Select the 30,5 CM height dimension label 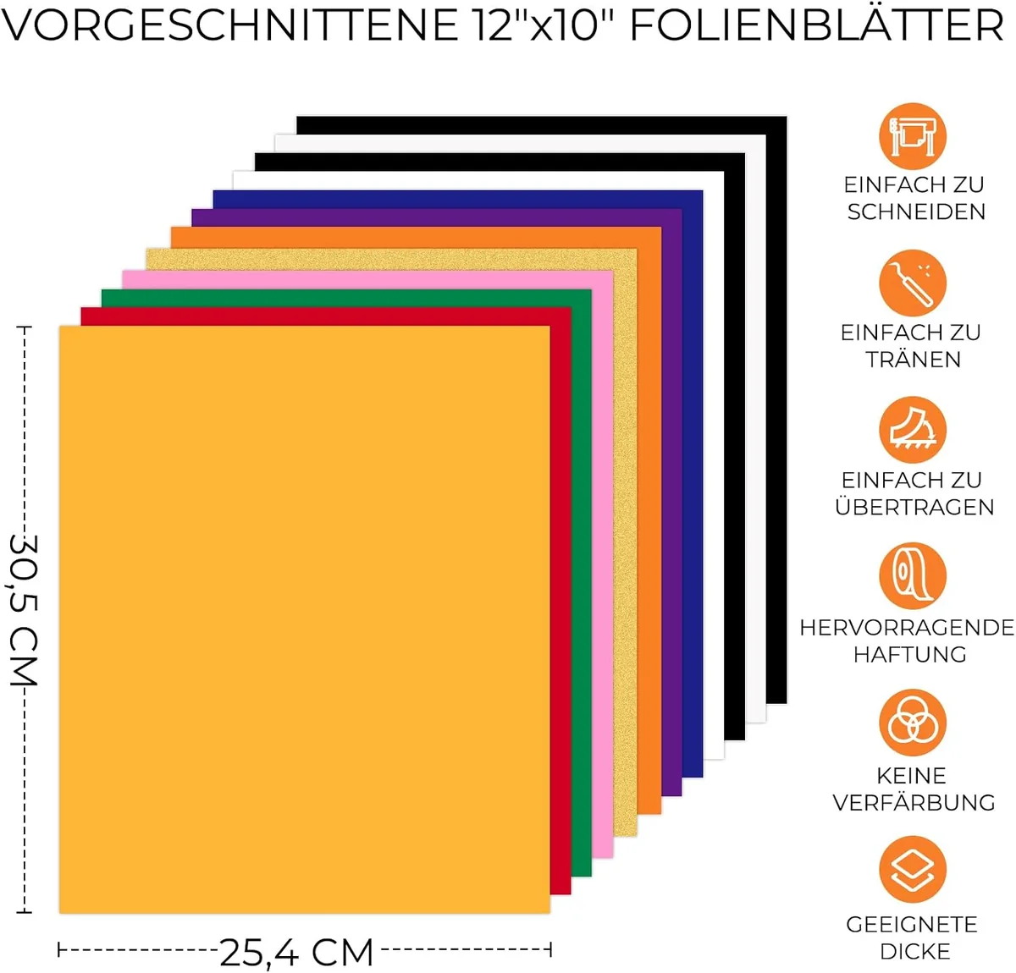[24, 610]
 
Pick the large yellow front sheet [305, 619]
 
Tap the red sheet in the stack [560, 600]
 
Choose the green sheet [582, 582]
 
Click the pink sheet [603, 563]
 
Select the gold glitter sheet [626, 542]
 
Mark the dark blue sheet [693, 482]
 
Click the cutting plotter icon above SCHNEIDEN [912, 137]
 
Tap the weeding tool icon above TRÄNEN [912, 283]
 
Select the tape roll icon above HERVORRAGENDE [912, 576]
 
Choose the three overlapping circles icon [912, 723]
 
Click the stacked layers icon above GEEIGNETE [912, 870]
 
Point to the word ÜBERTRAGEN [914, 506]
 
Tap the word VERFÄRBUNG [914, 802]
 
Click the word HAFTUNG [910, 654]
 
